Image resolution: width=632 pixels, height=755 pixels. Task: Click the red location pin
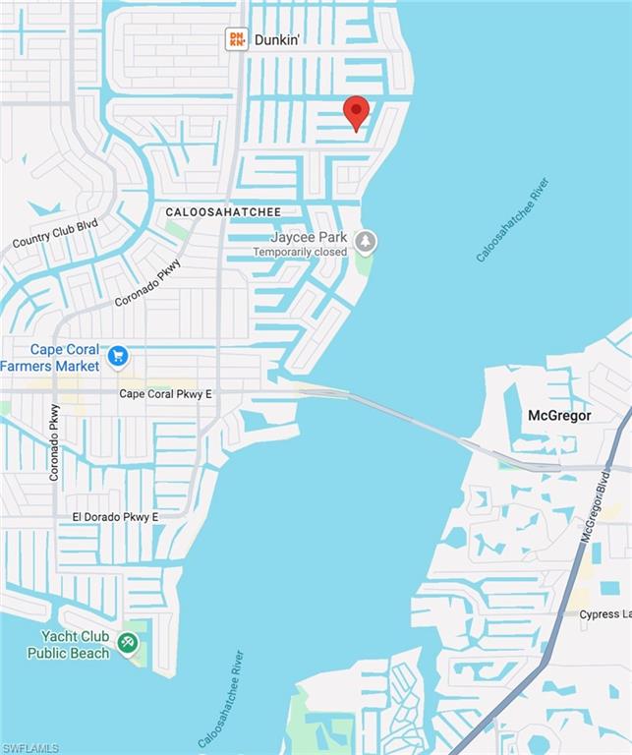[356, 112]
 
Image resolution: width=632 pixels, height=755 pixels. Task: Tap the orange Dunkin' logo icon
[237, 39]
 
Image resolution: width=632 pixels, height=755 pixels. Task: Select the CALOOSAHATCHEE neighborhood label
[223, 211]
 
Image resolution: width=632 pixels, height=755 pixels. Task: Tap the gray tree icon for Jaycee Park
[366, 241]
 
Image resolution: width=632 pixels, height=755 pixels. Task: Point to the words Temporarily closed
[300, 252]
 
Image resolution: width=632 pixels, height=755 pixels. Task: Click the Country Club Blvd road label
[55, 233]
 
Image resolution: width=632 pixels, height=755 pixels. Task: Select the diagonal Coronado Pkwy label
[148, 282]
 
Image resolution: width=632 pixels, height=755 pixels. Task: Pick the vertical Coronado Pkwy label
[55, 442]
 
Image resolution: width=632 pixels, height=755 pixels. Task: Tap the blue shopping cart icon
[118, 356]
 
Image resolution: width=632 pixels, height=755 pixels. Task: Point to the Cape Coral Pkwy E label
[165, 394]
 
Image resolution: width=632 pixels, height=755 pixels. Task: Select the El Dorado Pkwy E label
[115, 517]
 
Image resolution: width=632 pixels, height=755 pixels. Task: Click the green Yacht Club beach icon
[127, 643]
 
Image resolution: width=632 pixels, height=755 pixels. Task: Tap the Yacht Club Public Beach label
[69, 645]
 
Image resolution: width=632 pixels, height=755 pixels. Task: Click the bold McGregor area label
[559, 415]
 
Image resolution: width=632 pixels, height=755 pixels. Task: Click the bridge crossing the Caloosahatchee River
[413, 421]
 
